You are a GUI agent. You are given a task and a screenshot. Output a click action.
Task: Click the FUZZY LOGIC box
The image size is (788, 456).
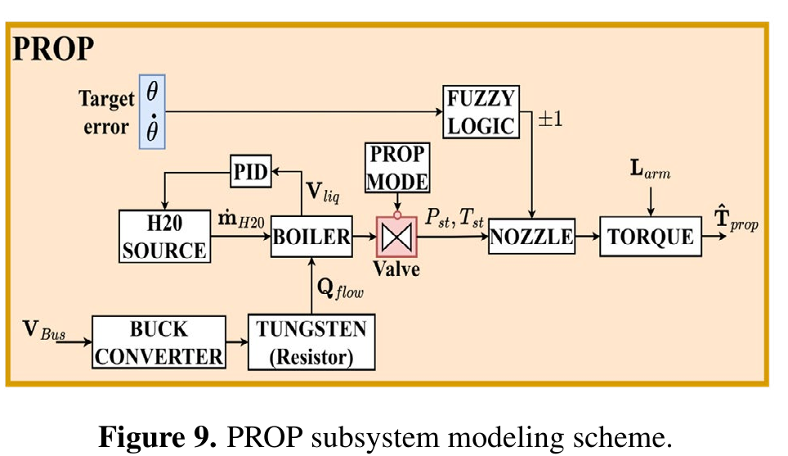coord(481,111)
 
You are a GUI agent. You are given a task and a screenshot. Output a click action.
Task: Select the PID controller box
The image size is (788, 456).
coord(251,171)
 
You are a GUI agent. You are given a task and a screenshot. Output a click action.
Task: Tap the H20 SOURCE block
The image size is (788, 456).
coord(164,236)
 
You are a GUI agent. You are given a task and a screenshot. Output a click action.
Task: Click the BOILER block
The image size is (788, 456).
coord(311,237)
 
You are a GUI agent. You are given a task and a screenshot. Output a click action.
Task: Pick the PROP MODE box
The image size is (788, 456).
coord(397,168)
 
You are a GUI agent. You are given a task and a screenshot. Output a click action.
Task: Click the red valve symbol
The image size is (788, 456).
coord(396,237)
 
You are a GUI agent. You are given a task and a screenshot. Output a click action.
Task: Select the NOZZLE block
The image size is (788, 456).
coord(531,236)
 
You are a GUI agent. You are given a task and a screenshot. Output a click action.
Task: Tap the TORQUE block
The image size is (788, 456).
coord(651,236)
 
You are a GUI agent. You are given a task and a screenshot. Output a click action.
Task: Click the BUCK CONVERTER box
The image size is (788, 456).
coord(159,342)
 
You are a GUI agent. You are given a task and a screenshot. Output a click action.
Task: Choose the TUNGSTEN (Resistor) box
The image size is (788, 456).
coord(311,342)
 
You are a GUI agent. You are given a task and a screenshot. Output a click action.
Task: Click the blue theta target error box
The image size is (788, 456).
coord(152,111)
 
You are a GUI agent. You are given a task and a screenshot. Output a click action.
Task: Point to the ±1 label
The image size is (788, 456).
coord(550,120)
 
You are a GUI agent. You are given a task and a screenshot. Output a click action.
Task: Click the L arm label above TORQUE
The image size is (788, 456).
coord(651,169)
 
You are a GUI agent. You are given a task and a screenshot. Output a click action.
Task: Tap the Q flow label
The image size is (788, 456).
coord(340,289)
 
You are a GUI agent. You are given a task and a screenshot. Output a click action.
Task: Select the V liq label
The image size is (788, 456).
coord(323,192)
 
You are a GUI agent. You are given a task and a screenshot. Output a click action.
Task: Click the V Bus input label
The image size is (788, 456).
coord(44,330)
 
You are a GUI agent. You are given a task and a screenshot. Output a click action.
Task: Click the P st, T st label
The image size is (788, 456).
coord(454,218)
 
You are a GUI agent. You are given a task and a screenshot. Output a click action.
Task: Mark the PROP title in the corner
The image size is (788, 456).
coord(53,49)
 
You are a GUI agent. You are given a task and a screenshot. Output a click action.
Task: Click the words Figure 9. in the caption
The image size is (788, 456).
coord(157,436)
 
